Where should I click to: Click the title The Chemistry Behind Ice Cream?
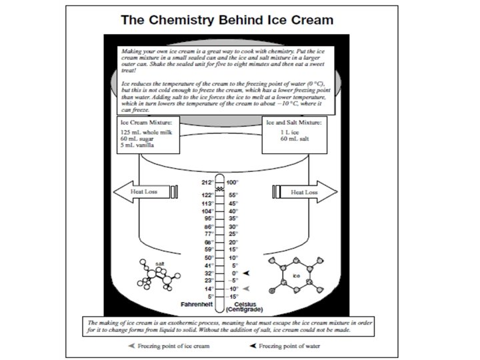(x=226, y=19)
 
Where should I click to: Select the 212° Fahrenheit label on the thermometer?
(x=207, y=182)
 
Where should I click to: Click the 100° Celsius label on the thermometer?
(x=232, y=182)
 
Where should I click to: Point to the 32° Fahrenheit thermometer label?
(x=208, y=273)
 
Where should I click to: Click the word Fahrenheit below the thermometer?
(x=197, y=304)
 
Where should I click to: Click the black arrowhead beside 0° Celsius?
(x=249, y=273)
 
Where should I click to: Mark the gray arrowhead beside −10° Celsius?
(x=249, y=289)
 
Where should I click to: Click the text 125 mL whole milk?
(x=143, y=132)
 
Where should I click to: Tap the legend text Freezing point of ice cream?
(x=177, y=346)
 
